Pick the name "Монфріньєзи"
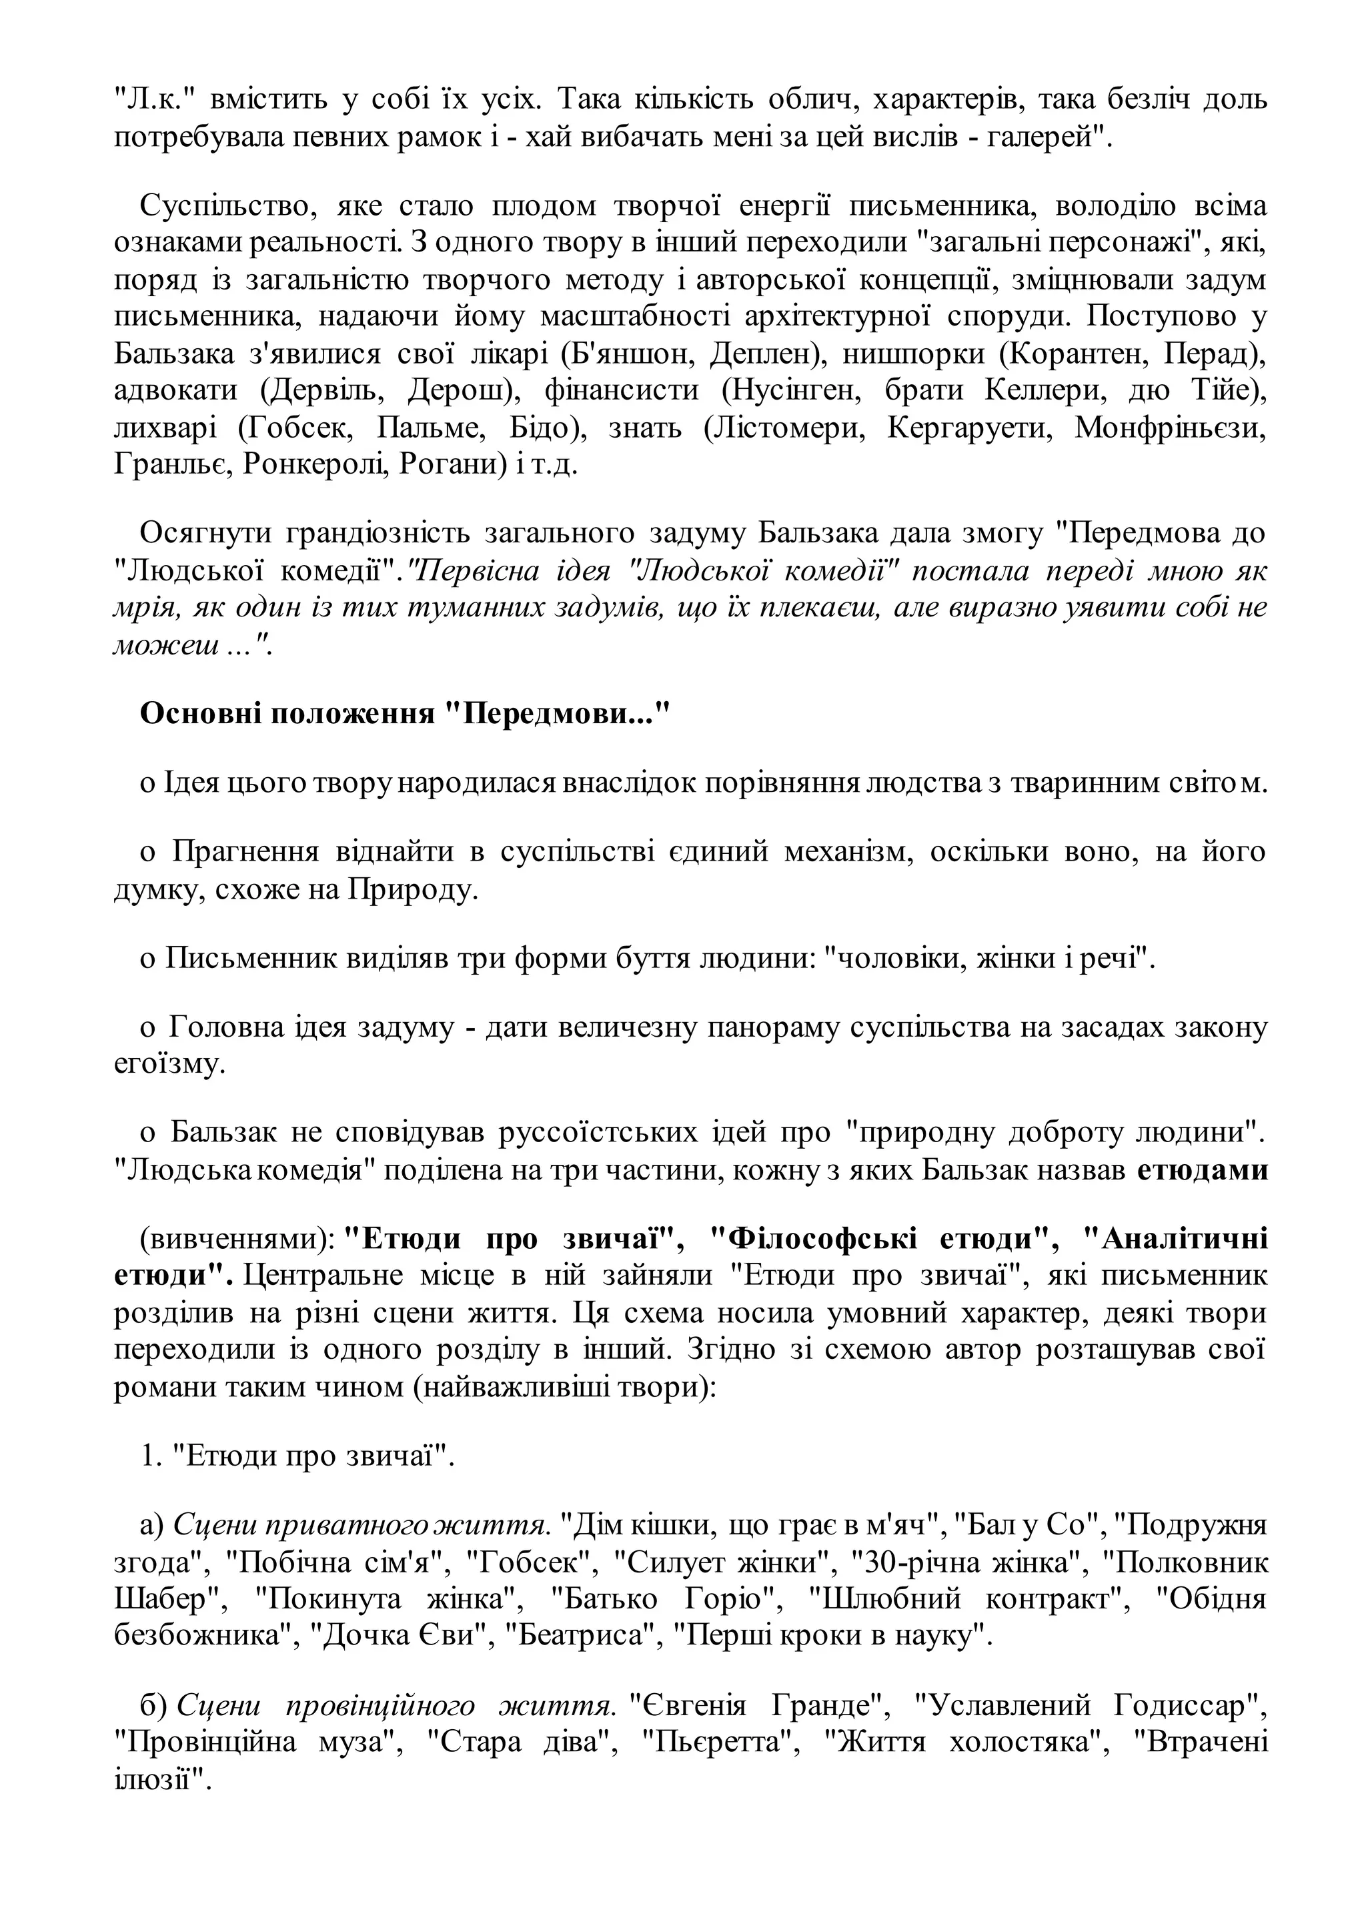coord(1170,428)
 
